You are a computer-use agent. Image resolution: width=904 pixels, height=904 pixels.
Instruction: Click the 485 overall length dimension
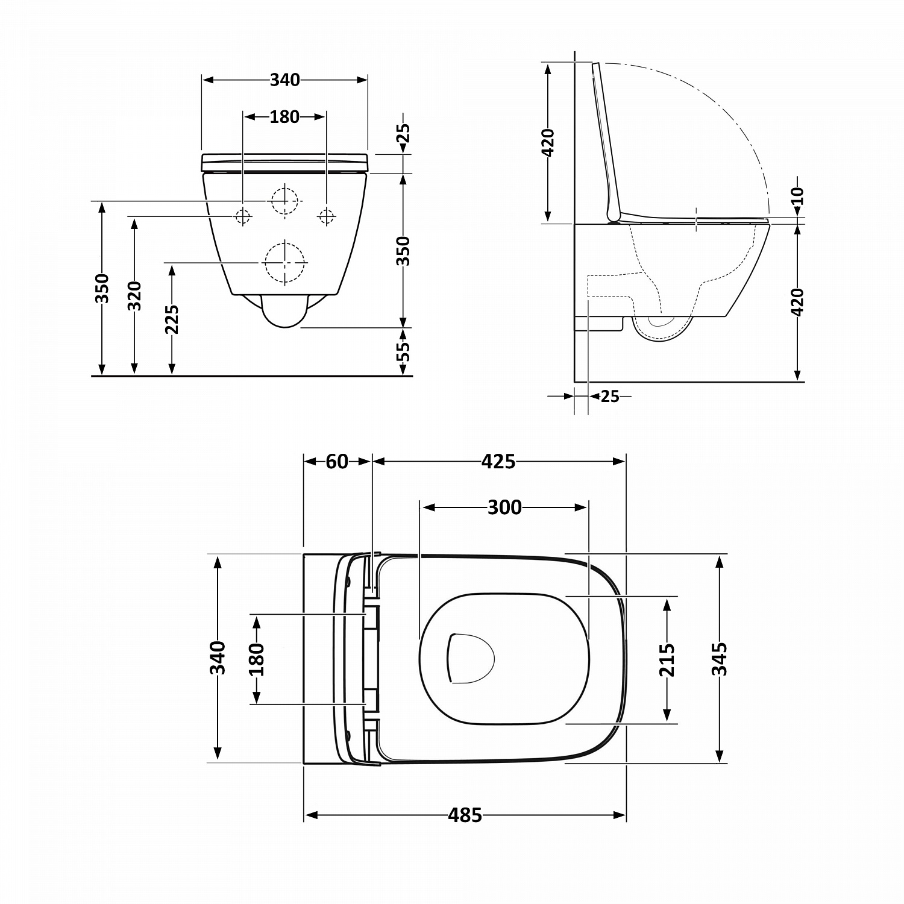(465, 815)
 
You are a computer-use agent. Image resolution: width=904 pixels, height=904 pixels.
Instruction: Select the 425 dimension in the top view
(498, 462)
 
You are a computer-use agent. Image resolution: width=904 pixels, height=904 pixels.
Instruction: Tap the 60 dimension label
(337, 462)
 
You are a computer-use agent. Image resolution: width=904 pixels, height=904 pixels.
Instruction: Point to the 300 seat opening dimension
(504, 508)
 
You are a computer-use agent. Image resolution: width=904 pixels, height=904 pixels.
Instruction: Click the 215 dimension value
(667, 660)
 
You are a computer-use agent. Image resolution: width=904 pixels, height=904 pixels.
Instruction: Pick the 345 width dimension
(720, 659)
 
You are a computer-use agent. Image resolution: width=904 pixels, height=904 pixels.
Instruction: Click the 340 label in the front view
(284, 80)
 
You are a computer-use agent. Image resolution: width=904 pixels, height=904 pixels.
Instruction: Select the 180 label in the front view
(284, 117)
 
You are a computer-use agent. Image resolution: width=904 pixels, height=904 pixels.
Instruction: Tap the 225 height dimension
(172, 319)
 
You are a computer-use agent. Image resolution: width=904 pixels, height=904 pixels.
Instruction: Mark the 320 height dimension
(134, 296)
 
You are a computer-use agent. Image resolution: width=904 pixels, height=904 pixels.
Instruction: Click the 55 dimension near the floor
(404, 351)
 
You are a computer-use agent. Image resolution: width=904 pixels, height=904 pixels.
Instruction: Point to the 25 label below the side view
(610, 397)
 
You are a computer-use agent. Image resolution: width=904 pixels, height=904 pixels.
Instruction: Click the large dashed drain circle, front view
(285, 263)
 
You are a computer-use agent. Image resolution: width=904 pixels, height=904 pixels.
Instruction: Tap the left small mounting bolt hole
(243, 216)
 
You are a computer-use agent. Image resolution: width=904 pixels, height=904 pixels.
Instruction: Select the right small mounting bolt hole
(327, 216)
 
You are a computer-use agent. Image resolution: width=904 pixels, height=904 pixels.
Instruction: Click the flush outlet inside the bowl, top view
(469, 658)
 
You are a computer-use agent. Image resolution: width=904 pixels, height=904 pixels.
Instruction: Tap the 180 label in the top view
(256, 659)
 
